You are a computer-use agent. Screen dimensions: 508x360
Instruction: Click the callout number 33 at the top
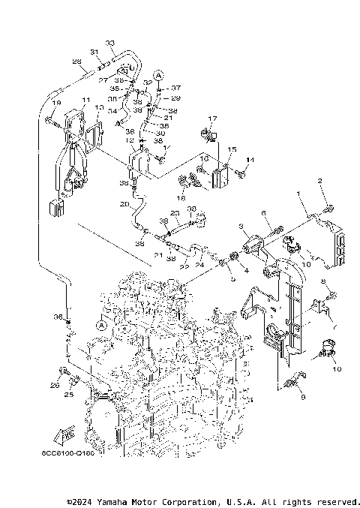click(110, 44)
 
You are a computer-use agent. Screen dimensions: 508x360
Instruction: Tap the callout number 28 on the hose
click(76, 62)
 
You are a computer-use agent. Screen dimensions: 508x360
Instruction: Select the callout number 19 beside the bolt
click(55, 102)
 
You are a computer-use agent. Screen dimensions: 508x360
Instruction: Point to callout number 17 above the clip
click(212, 119)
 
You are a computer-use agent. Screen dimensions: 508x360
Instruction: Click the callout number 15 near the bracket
click(232, 150)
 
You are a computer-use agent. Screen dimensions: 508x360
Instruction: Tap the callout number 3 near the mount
click(241, 226)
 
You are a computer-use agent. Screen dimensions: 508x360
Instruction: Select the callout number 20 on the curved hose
click(124, 203)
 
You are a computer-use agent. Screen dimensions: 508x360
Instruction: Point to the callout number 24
click(200, 263)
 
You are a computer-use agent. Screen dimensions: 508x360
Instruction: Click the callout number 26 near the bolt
click(55, 386)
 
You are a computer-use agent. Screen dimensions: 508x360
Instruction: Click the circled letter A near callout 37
click(159, 75)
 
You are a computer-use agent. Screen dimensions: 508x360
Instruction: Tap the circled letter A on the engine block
click(101, 326)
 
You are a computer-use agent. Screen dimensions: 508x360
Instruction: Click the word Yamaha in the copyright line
click(120, 501)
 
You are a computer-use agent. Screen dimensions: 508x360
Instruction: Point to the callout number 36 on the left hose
click(58, 317)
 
